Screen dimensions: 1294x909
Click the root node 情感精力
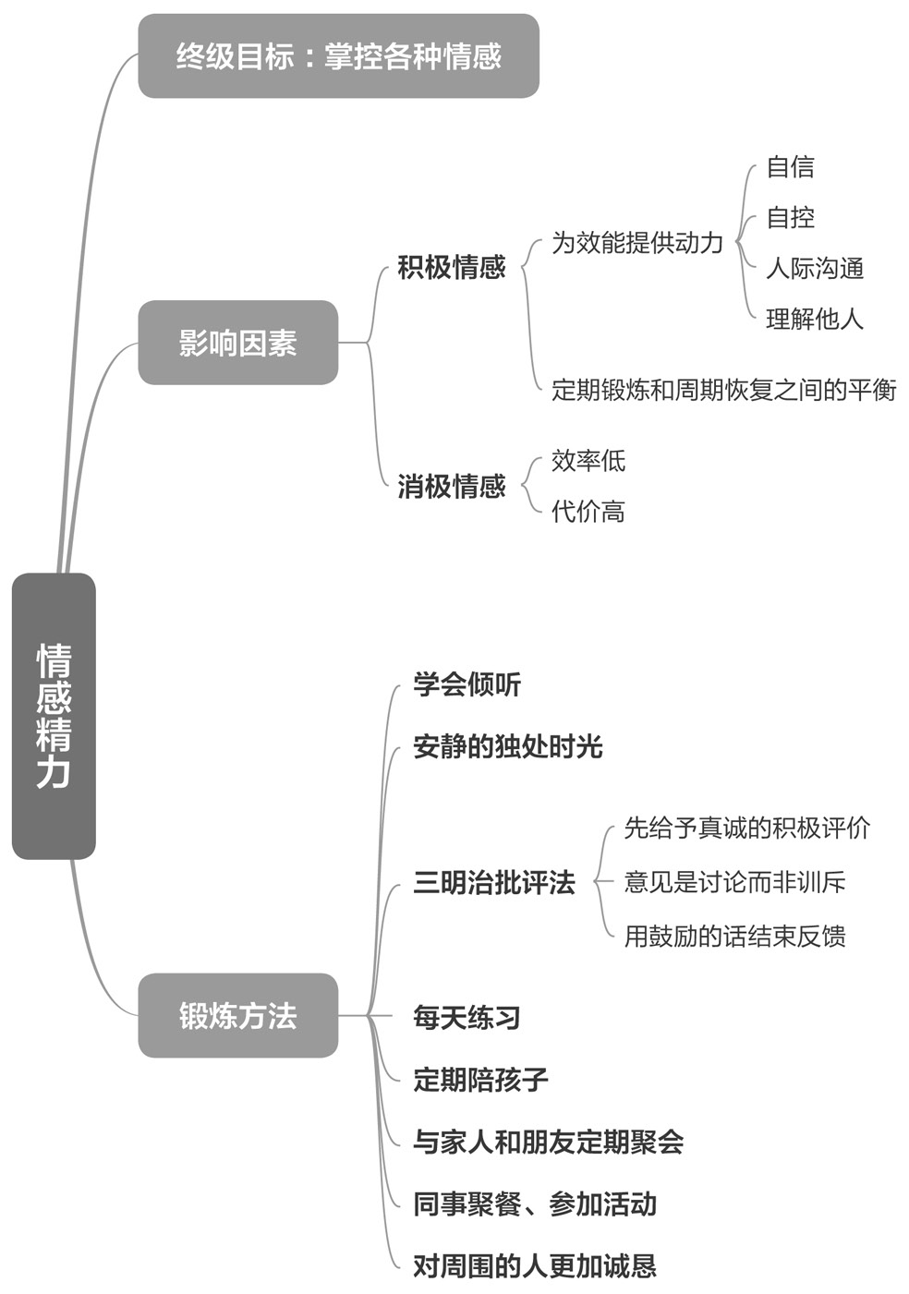click(x=54, y=716)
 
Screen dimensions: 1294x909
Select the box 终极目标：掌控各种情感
click(x=338, y=56)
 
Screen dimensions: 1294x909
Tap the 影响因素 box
click(x=237, y=343)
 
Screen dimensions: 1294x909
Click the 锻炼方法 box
click(x=237, y=1015)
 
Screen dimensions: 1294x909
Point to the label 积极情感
click(x=452, y=267)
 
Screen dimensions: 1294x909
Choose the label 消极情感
click(x=452, y=486)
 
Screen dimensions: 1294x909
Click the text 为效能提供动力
click(x=637, y=242)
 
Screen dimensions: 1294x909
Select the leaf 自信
click(x=791, y=167)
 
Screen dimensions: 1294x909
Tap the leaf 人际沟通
click(x=815, y=268)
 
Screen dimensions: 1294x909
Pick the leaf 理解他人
click(x=815, y=319)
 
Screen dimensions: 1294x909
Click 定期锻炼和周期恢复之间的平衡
click(x=724, y=390)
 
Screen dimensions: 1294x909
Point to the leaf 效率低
click(x=588, y=460)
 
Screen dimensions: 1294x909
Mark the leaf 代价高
click(x=588, y=511)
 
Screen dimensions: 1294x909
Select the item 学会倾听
click(x=467, y=684)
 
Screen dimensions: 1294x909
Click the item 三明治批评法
click(x=494, y=882)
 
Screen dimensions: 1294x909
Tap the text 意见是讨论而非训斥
click(x=735, y=882)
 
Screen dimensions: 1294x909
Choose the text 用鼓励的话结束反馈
click(x=735, y=936)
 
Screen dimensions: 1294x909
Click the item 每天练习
click(x=467, y=1017)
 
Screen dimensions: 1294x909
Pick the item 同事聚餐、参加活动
click(x=535, y=1203)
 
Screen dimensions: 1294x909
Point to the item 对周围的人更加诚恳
click(x=535, y=1265)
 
